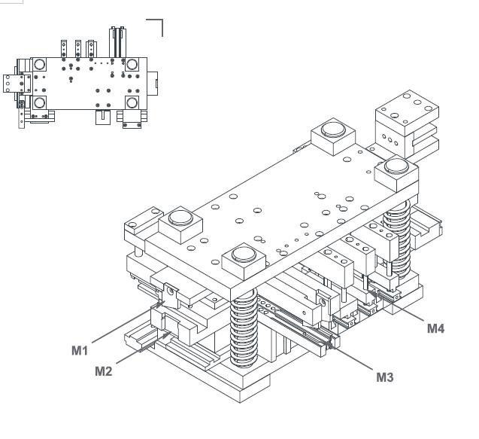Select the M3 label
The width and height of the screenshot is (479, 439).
[384, 376]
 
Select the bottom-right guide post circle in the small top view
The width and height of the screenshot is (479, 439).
[133, 102]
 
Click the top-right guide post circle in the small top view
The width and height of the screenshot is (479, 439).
[133, 64]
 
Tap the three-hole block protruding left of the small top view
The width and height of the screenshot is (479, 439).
[11, 83]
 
